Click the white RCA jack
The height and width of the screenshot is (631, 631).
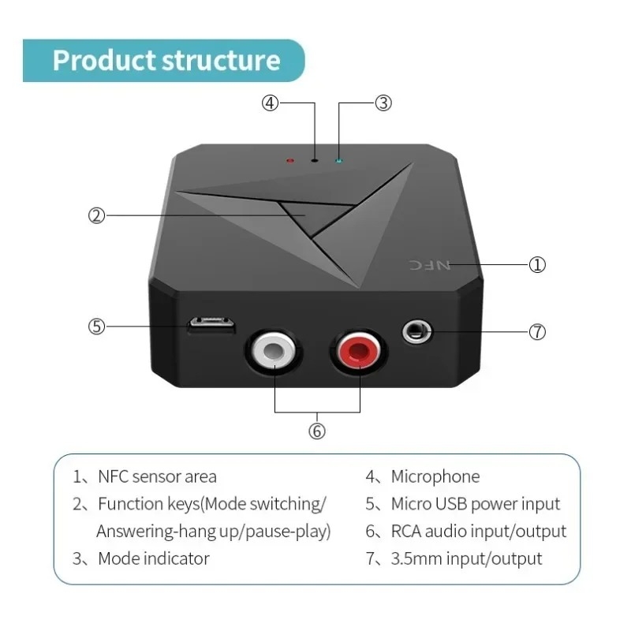(x=274, y=351)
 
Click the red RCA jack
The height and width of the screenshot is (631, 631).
(x=359, y=351)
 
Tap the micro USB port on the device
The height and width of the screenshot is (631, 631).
(x=211, y=325)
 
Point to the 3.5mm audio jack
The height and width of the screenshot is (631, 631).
(x=417, y=332)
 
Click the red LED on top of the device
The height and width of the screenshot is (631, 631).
(x=290, y=161)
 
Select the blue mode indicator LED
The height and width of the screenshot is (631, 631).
(x=339, y=161)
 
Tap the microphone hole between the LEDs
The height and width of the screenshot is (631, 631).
(x=315, y=161)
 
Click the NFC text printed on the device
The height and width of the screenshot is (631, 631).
(x=430, y=265)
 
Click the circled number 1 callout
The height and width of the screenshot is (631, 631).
(x=537, y=265)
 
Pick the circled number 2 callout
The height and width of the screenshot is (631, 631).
(x=96, y=215)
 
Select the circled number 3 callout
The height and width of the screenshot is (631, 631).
(x=383, y=103)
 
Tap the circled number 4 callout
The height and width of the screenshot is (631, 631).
(x=270, y=103)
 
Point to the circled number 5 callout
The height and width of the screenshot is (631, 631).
(x=96, y=327)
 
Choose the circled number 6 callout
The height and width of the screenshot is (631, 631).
(x=317, y=431)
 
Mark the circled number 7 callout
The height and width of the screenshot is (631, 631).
(x=537, y=332)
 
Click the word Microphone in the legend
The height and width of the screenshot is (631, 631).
(x=435, y=477)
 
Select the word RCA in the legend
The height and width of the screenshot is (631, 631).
(x=406, y=532)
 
